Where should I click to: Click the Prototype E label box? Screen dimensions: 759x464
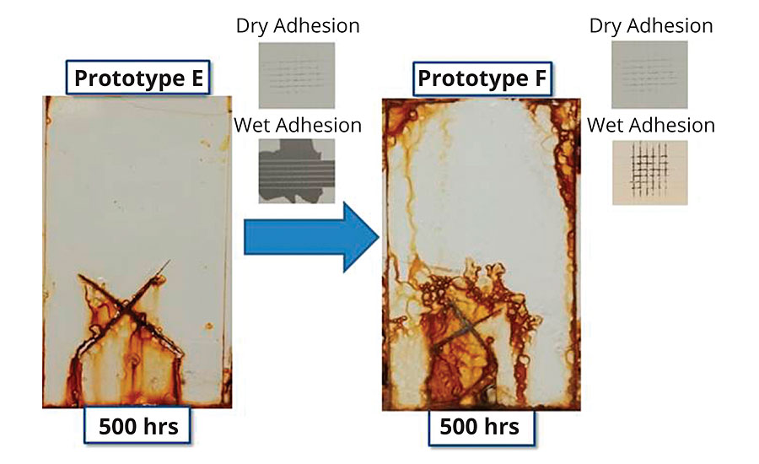(138, 78)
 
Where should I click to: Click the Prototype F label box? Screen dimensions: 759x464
(482, 78)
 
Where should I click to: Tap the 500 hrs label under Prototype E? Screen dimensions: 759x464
(137, 425)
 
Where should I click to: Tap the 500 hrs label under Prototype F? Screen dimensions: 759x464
(481, 428)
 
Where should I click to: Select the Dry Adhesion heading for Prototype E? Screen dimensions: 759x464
(298, 25)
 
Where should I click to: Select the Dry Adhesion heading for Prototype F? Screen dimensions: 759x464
(651, 25)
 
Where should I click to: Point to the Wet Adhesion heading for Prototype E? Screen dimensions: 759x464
(298, 125)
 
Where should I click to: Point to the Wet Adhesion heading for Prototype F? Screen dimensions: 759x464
(651, 125)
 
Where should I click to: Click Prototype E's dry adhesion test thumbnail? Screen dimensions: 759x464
(297, 75)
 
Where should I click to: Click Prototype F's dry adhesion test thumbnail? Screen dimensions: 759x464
(649, 74)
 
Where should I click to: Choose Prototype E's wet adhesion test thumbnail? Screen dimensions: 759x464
(297, 171)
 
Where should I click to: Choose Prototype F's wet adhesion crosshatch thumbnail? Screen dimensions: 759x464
(650, 172)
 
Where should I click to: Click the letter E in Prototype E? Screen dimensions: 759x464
(197, 78)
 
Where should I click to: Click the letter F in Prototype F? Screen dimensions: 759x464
(541, 78)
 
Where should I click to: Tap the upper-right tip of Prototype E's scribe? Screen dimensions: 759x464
(170, 261)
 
